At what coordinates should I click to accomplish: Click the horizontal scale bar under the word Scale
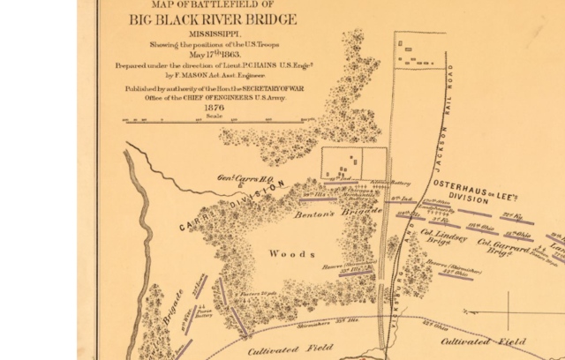coord(213,118)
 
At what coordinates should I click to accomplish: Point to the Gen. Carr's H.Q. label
coord(243,177)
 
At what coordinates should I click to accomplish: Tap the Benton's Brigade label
coord(327,214)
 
